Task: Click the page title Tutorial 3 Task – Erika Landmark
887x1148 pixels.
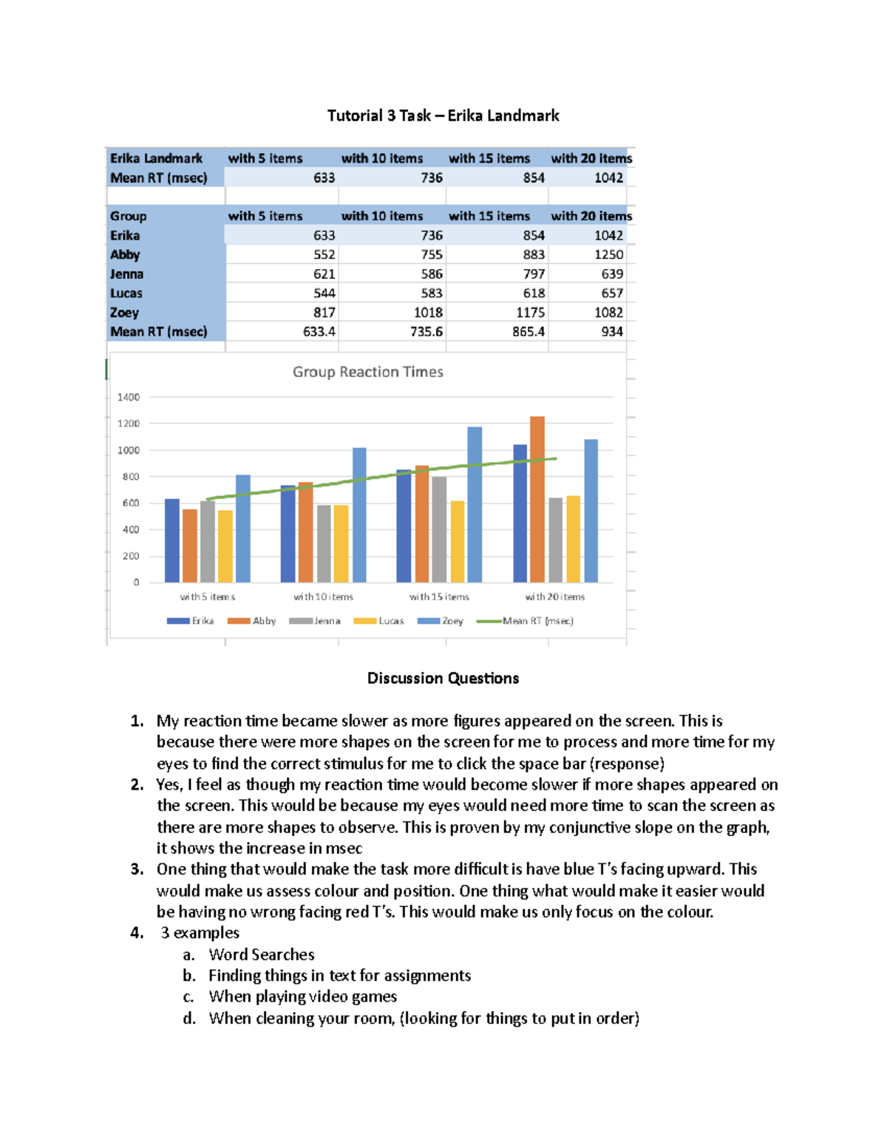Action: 443,115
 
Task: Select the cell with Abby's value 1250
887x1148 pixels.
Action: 608,254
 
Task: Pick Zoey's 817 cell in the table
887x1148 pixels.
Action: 324,313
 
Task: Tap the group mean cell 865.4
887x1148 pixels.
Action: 528,332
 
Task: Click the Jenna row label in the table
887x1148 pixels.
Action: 126,274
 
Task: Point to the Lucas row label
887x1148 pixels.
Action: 126,293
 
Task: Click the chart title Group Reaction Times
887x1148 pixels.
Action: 367,372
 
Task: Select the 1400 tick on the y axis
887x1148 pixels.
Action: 128,398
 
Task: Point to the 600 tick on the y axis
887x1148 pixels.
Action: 130,503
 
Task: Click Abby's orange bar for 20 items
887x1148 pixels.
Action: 537,500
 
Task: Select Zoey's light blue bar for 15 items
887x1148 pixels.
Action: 475,505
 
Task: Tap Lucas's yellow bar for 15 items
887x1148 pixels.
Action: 458,542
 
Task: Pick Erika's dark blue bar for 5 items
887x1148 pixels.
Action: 171,541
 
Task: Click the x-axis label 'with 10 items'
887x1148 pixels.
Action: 323,597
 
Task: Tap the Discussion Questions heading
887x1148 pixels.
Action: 443,679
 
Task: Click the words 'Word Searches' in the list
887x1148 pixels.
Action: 262,954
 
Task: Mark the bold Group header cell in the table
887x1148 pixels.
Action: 129,216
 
